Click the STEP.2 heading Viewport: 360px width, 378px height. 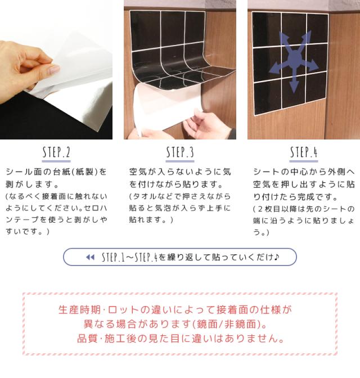point(56,152)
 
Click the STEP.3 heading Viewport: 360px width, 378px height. point(180,152)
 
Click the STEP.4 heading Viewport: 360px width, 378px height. point(304,152)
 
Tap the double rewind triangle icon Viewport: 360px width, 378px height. point(90,257)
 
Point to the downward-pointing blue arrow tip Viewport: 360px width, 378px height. point(294,91)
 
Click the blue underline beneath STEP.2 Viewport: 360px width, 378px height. point(56,161)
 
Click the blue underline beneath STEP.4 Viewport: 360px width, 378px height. point(304,161)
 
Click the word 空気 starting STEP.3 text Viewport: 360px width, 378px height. point(138,172)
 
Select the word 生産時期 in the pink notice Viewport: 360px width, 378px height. point(79,310)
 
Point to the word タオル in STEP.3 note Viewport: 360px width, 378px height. point(142,196)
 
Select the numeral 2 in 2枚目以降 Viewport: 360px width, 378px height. point(260,209)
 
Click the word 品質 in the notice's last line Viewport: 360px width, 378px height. point(87,339)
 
